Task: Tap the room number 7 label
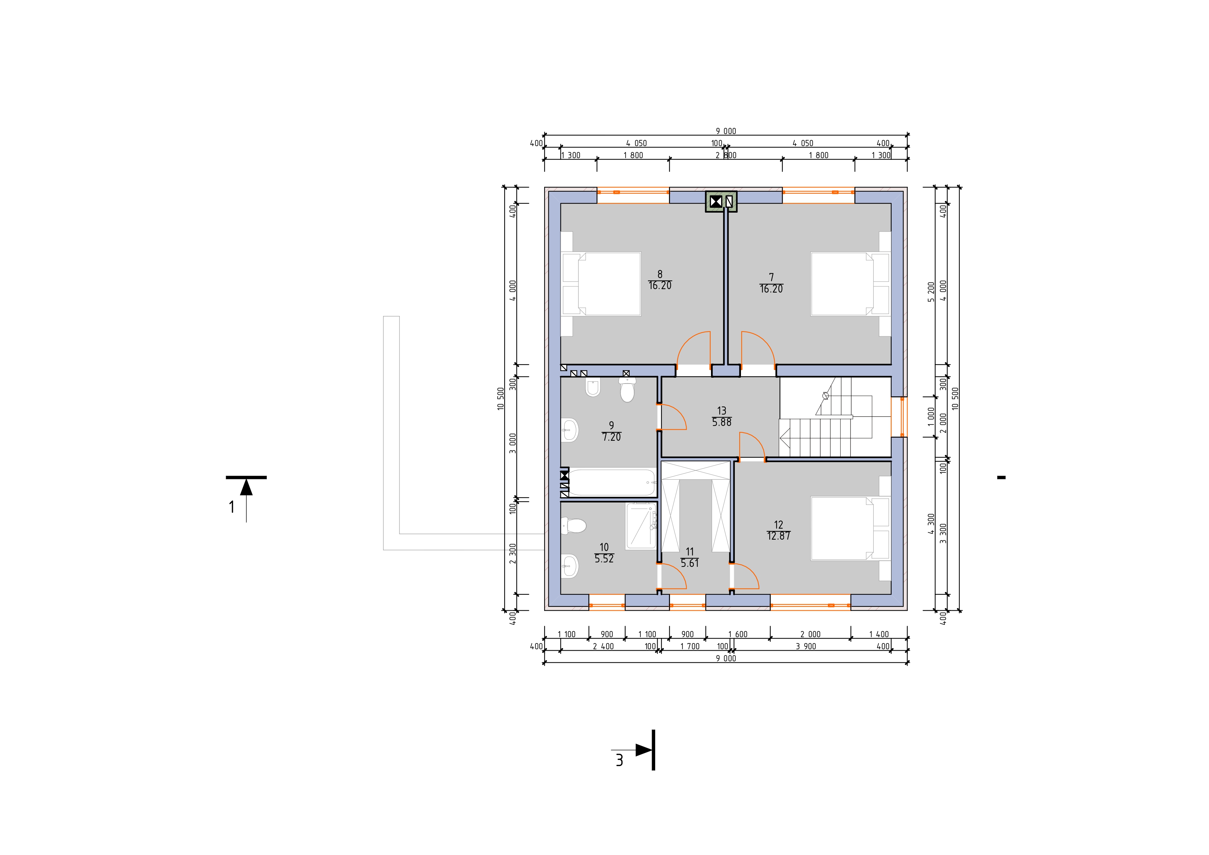771,277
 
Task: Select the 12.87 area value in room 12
779,536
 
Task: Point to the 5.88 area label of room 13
721,422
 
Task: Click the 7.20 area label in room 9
611,437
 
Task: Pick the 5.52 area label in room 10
604,559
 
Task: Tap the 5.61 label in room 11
690,563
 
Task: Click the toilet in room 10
574,526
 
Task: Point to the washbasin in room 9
570,430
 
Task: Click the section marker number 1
232,507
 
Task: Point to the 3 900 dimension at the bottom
806,647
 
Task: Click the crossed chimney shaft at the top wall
715,201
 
